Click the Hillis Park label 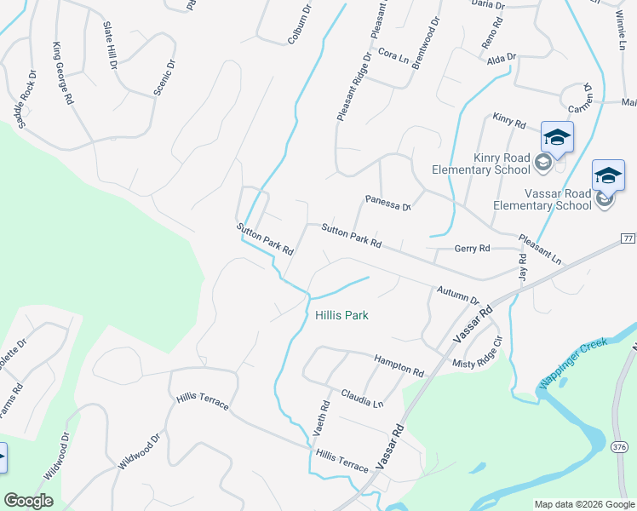(341, 315)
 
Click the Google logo (28, 501)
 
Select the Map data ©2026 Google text (583, 504)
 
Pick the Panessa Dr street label (388, 203)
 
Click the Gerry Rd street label (473, 248)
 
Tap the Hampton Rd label (399, 366)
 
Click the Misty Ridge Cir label (480, 353)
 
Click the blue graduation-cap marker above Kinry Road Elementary (557, 136)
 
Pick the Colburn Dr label (298, 24)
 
